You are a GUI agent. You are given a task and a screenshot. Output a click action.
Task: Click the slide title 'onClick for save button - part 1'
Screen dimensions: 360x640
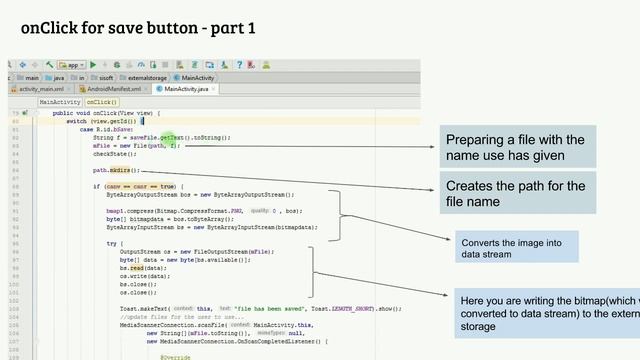click(138, 27)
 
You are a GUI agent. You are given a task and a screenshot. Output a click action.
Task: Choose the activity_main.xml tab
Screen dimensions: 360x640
click(41, 89)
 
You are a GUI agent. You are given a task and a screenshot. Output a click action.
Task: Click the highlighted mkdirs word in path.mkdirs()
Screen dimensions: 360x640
click(126, 171)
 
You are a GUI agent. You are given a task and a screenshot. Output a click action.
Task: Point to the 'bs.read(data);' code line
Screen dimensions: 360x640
click(144, 268)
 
